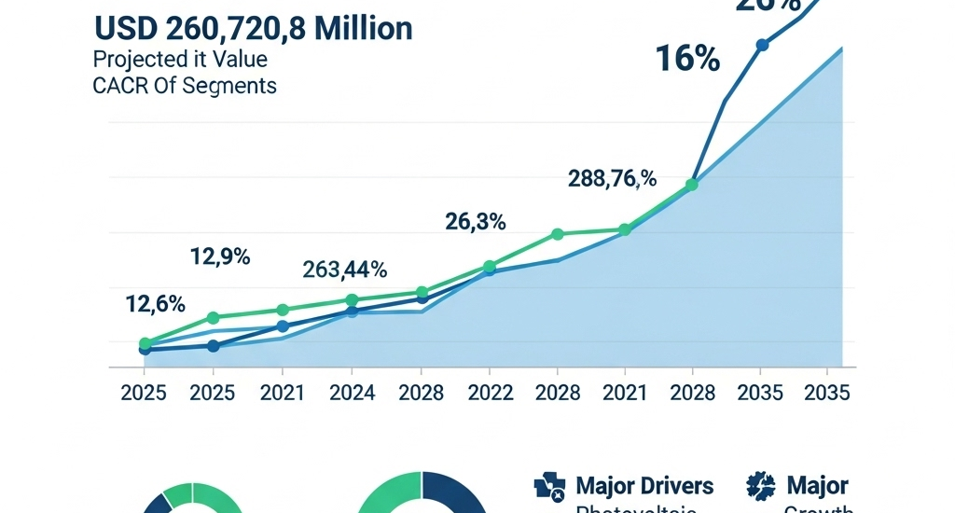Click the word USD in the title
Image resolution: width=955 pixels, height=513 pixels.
125,29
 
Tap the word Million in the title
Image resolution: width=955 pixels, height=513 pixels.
363,29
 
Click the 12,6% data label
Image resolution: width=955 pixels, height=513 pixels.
155,304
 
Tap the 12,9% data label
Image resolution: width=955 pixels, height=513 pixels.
220,256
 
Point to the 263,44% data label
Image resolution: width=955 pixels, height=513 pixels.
345,270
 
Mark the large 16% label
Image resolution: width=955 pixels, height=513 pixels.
687,60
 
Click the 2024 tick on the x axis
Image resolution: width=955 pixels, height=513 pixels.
352,393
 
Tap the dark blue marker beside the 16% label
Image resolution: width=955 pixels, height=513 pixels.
762,45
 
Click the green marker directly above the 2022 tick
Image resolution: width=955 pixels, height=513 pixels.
490,266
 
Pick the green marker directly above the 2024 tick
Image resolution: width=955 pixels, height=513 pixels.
352,300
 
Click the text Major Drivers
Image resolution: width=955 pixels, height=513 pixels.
644,486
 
